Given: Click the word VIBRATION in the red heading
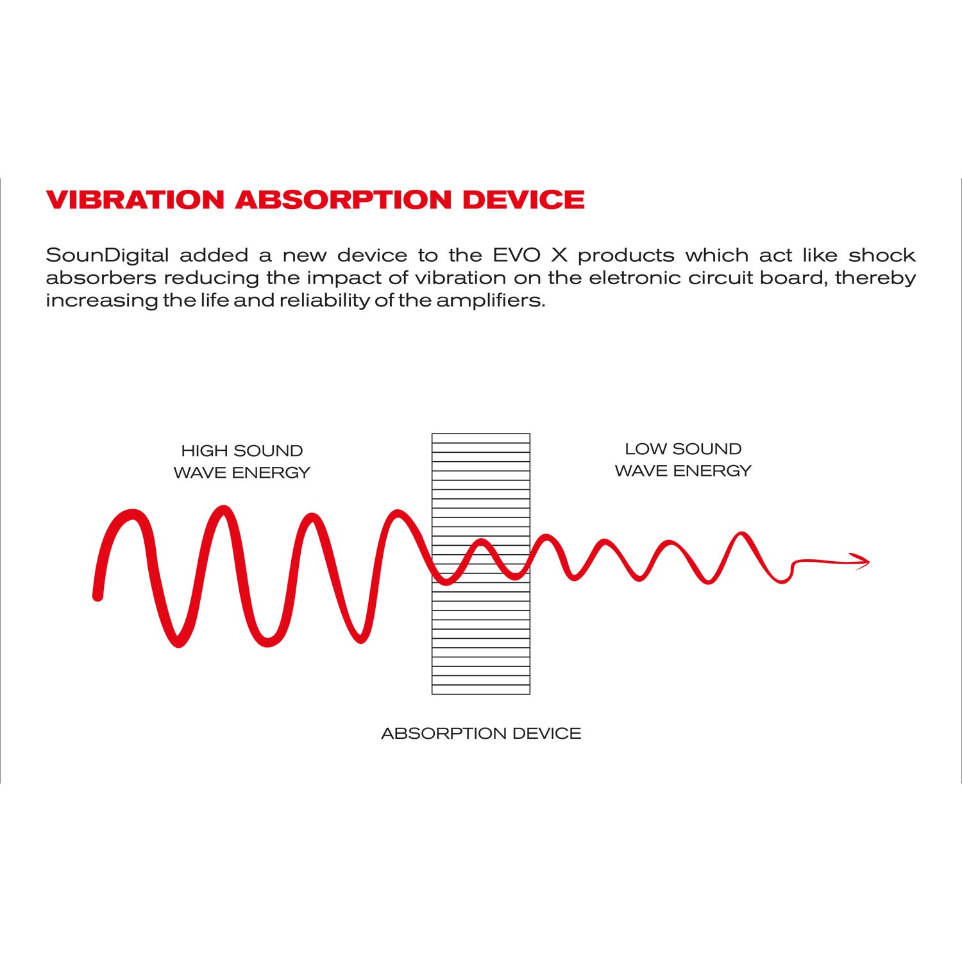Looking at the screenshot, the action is pos(135,199).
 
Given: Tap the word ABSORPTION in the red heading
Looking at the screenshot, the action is pos(344,199).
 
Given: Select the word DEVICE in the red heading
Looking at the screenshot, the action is pos(524,199).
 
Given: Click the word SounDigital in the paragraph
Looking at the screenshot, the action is pos(108,256).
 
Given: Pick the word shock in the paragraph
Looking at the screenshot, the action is pos(882,255).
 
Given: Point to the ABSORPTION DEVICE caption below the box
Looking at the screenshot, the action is pos(481,733).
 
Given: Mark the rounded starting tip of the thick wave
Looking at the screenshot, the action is pos(98,596).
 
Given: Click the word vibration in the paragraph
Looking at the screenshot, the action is pos(460,278).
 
